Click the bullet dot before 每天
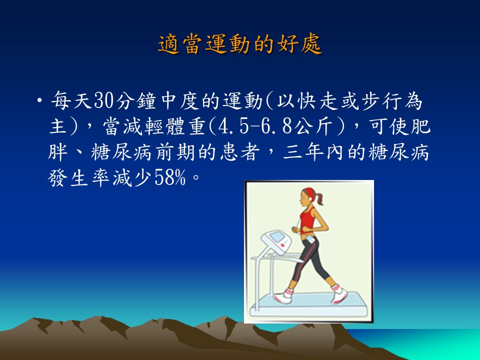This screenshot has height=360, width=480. coord(39,100)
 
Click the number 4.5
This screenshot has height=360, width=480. coord(233,126)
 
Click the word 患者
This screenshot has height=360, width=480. coord(239,152)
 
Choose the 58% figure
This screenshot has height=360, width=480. coord(170,177)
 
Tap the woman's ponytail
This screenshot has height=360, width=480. coord(319,198)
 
